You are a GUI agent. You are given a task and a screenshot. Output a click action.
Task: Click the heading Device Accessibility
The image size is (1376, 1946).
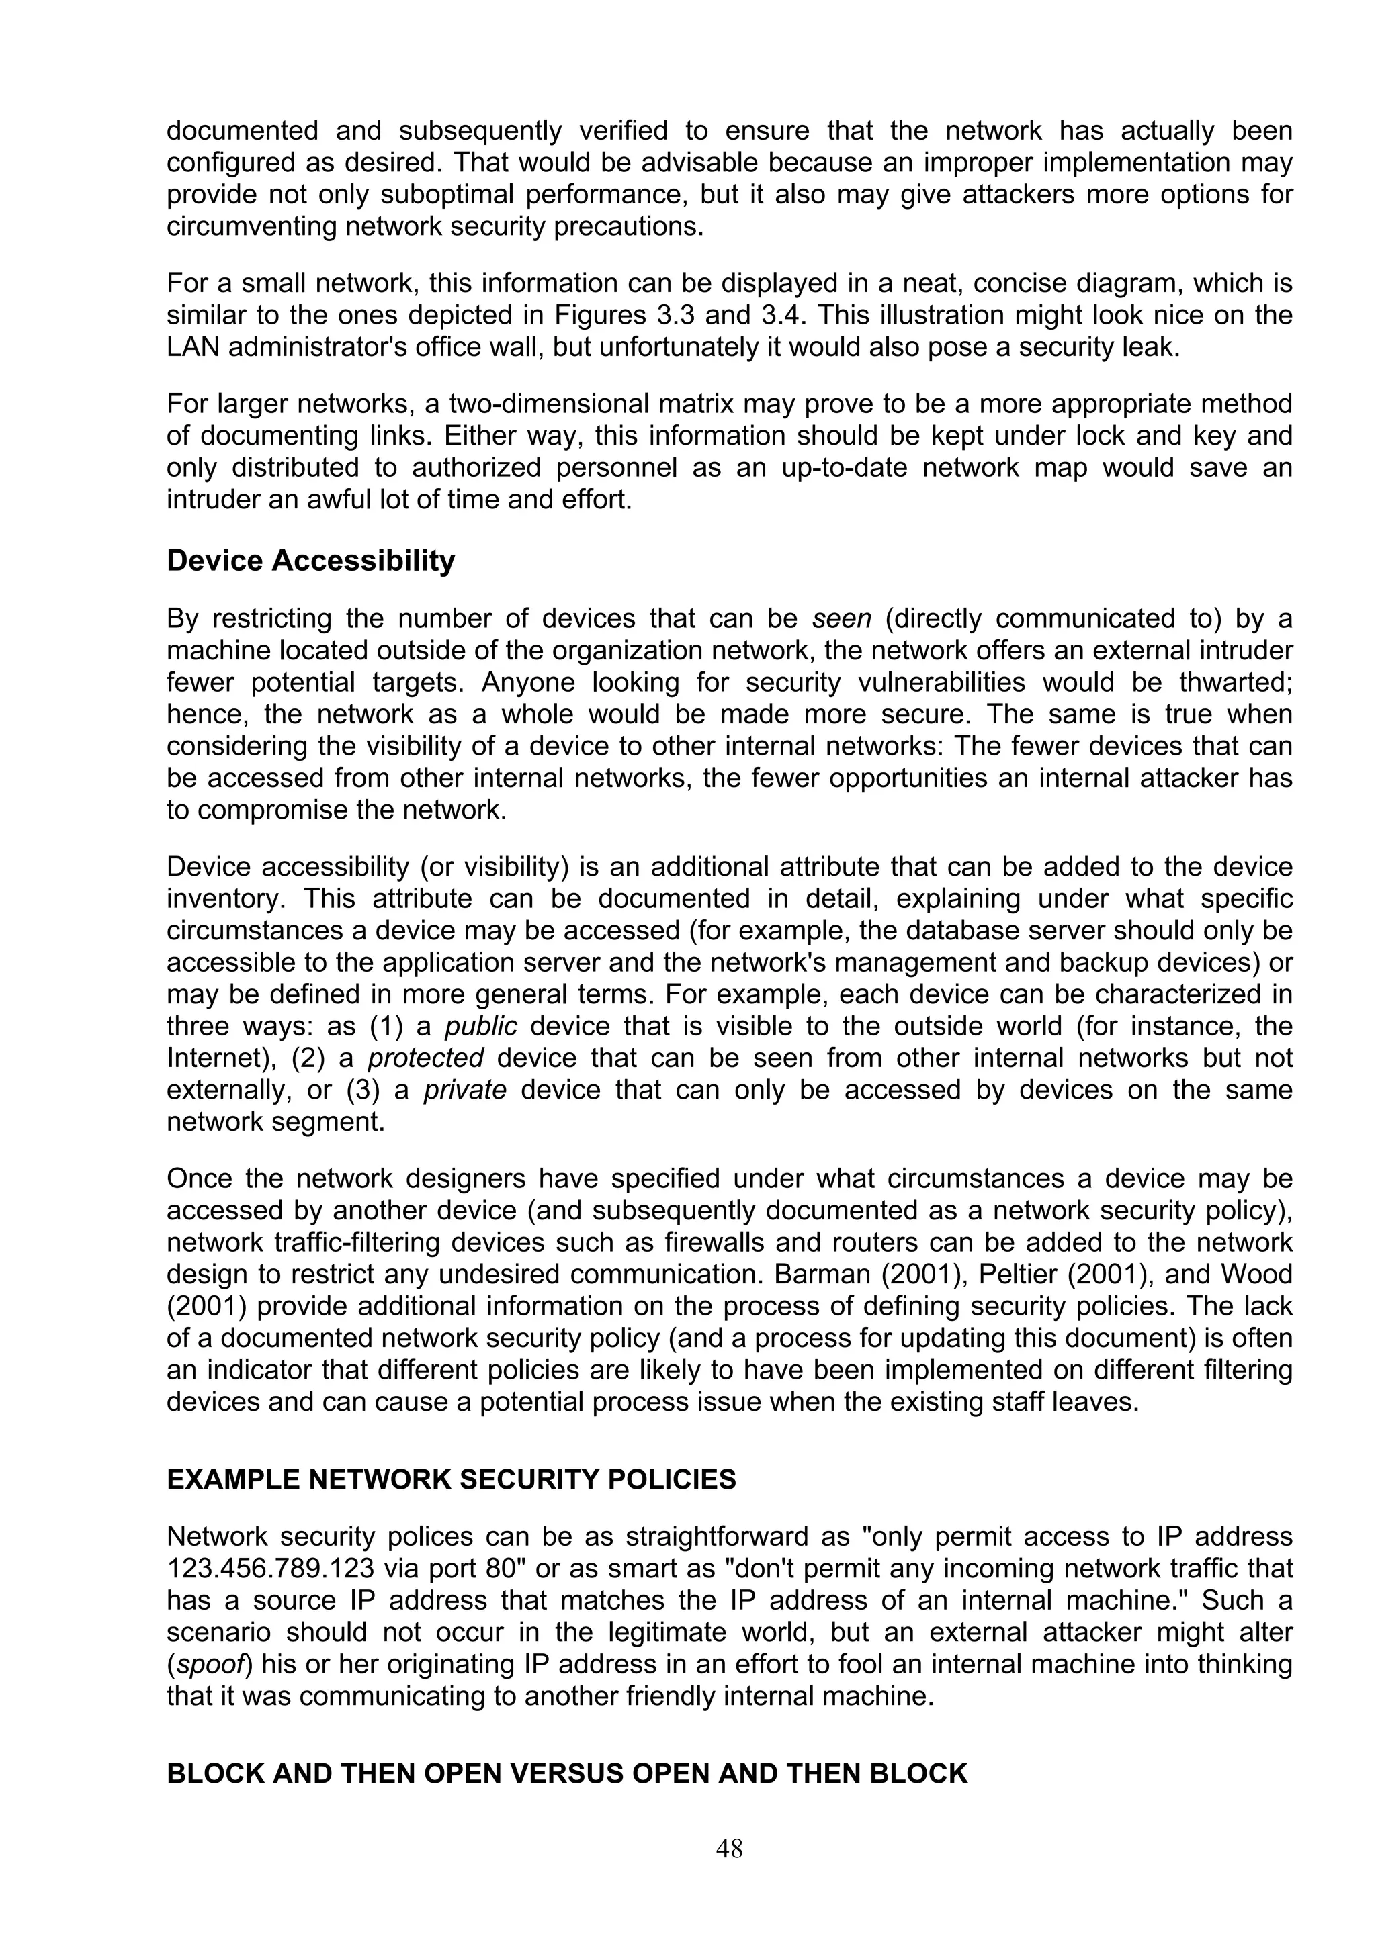310,561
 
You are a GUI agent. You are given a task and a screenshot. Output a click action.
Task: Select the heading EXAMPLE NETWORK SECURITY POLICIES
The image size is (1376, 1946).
451,1480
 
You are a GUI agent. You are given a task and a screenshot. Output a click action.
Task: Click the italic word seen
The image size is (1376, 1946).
842,618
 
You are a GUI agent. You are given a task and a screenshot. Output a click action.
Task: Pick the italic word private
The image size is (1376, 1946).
464,1090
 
